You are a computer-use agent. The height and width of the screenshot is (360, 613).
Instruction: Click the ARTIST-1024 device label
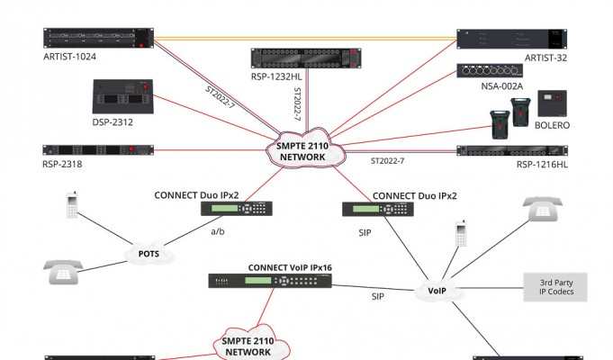tap(69, 57)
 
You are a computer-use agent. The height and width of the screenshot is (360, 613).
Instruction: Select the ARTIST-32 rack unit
tap(512, 39)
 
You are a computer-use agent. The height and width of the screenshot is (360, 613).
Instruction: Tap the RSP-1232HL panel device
tap(306, 58)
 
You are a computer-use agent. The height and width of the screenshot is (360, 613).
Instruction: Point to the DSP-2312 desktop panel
tap(122, 96)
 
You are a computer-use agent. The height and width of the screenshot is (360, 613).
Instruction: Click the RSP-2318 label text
tap(62, 164)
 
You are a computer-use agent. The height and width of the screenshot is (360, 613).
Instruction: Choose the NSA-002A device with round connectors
tap(490, 71)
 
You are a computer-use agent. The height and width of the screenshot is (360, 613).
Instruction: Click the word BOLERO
tap(552, 125)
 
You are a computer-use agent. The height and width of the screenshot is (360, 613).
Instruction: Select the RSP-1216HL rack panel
tap(512, 150)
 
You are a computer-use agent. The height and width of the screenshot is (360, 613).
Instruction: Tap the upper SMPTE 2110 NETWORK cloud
tap(306, 148)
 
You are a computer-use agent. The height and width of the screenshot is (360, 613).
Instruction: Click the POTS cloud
tap(149, 254)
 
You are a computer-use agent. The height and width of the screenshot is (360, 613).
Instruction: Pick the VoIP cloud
tap(437, 291)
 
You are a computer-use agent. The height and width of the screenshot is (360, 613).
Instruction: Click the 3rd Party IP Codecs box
tap(555, 287)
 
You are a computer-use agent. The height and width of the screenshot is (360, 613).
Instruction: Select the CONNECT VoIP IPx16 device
tap(270, 281)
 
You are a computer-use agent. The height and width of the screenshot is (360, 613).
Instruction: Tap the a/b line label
tap(218, 231)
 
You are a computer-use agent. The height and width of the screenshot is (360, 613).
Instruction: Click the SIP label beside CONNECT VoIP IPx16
tap(378, 297)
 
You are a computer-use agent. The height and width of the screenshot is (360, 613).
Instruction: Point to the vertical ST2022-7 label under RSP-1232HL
tap(297, 104)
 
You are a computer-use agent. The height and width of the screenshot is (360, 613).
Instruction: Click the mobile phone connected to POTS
tap(72, 205)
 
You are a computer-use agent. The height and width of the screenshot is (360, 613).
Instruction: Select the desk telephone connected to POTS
tap(63, 272)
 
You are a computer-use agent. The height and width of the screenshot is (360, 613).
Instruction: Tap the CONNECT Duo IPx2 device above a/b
tap(237, 209)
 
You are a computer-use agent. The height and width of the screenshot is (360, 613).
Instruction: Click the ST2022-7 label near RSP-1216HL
tap(387, 161)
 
